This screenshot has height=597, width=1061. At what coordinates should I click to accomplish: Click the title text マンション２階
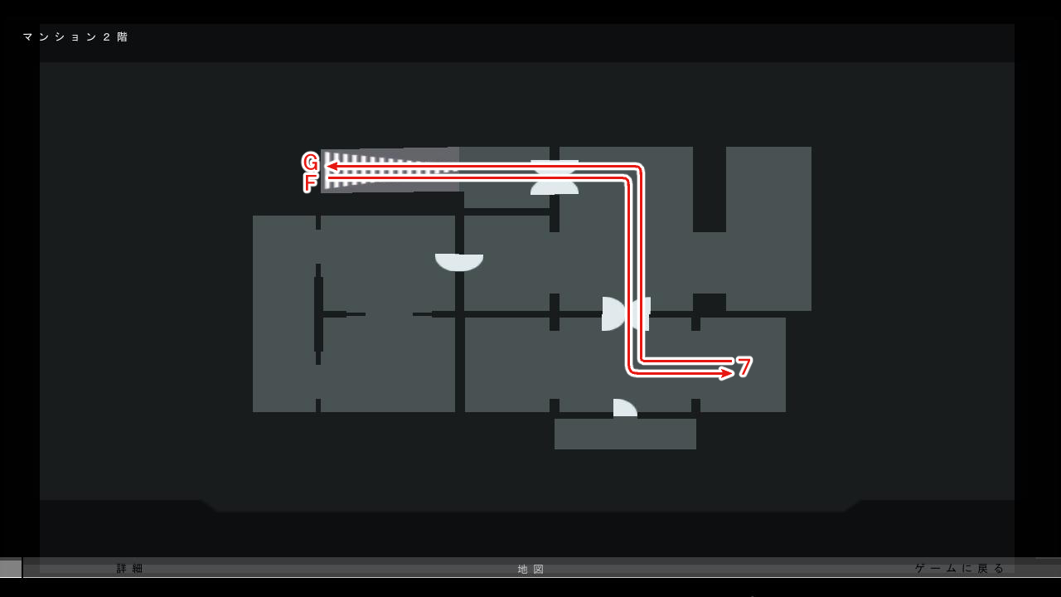(x=75, y=37)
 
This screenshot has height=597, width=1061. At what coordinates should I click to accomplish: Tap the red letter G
(x=310, y=162)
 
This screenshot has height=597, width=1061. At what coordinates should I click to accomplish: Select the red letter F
(x=310, y=182)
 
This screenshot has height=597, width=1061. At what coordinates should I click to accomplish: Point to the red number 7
(x=744, y=366)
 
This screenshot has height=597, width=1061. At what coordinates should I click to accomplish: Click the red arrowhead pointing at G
(x=331, y=166)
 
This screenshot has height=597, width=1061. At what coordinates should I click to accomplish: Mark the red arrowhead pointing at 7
(x=726, y=373)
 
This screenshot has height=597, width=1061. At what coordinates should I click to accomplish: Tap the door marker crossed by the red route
(x=555, y=177)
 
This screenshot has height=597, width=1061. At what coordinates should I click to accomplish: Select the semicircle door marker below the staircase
(x=459, y=262)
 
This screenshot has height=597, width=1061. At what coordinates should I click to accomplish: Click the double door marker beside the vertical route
(x=626, y=313)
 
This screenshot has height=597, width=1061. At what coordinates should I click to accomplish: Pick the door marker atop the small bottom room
(x=624, y=408)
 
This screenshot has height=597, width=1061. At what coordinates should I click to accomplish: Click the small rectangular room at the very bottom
(x=625, y=434)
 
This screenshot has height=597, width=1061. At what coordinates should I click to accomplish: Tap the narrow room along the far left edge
(x=283, y=313)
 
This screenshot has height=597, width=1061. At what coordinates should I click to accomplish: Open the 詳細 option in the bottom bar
(x=130, y=569)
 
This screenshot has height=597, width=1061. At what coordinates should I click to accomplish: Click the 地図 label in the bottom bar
(x=531, y=569)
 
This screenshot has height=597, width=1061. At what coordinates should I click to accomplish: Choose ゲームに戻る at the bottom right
(x=959, y=568)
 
